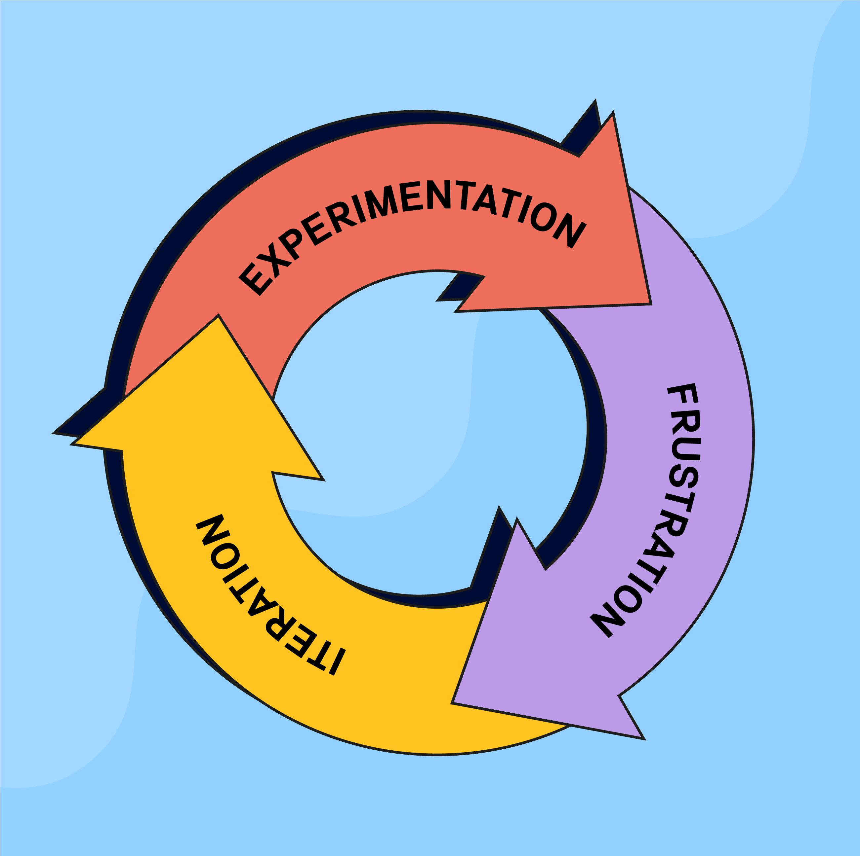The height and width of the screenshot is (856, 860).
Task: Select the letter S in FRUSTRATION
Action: (x=683, y=476)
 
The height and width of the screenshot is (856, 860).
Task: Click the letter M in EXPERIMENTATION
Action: (x=381, y=202)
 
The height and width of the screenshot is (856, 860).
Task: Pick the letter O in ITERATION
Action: (x=225, y=556)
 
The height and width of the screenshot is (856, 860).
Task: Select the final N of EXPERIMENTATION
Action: (x=569, y=231)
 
